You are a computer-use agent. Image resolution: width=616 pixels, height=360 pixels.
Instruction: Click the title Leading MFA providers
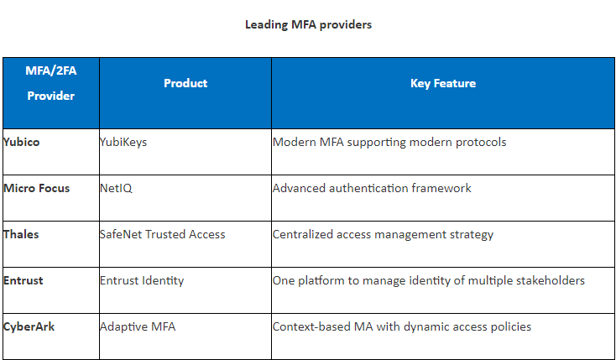tap(308, 25)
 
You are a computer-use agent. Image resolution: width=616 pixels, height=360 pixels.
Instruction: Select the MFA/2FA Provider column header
tap(50, 83)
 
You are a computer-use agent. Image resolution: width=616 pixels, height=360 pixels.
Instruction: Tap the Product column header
tap(185, 83)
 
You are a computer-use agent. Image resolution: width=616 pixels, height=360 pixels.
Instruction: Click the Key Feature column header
tap(443, 83)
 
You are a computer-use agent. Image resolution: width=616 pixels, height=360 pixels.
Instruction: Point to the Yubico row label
tap(21, 142)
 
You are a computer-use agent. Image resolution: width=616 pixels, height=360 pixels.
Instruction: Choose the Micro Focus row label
tap(37, 188)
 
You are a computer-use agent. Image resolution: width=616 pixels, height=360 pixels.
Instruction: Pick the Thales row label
tap(21, 234)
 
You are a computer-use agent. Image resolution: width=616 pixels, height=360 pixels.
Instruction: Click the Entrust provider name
tap(23, 280)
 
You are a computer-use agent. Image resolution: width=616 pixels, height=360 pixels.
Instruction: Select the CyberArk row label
tap(29, 327)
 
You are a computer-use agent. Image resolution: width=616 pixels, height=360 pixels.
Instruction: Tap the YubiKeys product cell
tap(123, 143)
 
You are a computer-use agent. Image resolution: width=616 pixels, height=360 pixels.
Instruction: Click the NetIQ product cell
tap(117, 188)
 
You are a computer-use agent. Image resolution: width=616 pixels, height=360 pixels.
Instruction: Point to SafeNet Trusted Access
tap(163, 234)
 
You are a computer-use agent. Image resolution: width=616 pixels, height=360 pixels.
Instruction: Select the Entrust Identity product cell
tap(142, 281)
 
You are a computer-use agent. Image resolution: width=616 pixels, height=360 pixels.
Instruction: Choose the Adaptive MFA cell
tap(138, 327)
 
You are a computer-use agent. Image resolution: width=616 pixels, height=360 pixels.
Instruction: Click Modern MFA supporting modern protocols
tap(389, 143)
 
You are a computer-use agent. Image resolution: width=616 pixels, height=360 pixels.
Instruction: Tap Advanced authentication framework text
tap(372, 188)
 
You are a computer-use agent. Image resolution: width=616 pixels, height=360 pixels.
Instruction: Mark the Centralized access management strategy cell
tap(383, 235)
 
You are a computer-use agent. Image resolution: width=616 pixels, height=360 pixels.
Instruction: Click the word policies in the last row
tap(511, 327)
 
